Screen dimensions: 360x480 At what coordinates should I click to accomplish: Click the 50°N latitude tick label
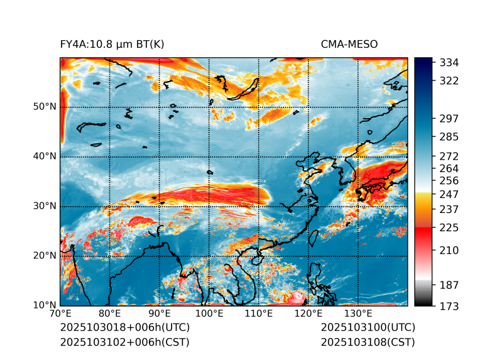(44, 107)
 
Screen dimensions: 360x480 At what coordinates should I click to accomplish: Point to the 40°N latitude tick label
(44, 156)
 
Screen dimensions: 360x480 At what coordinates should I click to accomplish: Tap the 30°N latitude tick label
(44, 206)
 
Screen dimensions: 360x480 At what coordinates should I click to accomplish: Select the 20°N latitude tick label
(44, 256)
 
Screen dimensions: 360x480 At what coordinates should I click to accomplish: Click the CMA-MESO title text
(349, 44)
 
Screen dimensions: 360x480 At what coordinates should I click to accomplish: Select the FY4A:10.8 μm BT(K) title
(112, 44)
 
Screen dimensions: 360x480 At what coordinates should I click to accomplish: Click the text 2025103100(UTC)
(368, 327)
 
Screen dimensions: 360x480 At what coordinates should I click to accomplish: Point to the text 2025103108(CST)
(368, 342)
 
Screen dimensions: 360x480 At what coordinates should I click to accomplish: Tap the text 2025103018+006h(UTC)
(124, 327)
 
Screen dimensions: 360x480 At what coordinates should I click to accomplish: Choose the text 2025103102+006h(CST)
(124, 342)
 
